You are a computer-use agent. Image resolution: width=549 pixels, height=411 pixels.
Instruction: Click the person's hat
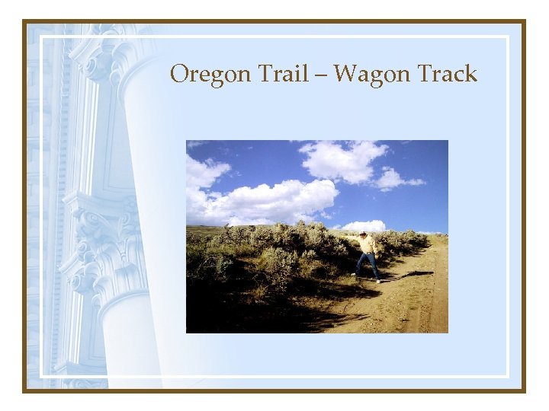(x=364, y=234)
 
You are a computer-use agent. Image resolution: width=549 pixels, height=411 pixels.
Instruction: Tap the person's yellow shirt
(x=368, y=244)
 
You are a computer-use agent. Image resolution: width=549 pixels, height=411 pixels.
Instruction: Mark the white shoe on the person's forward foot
(x=377, y=280)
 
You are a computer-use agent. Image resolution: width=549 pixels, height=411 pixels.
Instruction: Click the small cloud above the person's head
(x=364, y=225)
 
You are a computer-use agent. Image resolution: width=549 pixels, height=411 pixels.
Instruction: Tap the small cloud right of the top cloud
(x=396, y=180)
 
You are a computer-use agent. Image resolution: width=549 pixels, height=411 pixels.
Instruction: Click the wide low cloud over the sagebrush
(x=267, y=202)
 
